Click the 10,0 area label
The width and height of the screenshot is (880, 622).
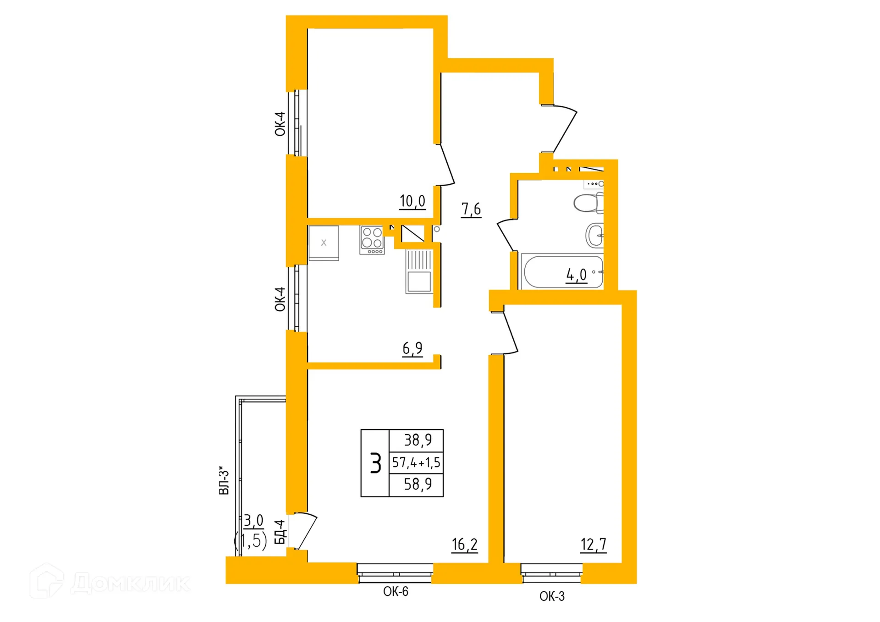point(412,202)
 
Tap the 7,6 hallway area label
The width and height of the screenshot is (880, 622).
point(471,209)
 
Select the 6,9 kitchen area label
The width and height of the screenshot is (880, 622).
point(412,349)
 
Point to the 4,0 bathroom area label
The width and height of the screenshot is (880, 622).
point(576,275)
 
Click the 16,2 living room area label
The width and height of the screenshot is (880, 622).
point(464,545)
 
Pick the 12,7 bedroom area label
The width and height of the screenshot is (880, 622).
point(593,545)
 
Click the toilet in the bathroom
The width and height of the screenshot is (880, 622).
point(589,203)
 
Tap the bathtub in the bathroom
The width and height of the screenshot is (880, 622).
point(562,272)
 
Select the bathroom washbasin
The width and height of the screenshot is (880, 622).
point(595,236)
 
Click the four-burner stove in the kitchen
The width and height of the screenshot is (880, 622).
point(372,240)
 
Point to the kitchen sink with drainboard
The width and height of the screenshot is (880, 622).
point(418,271)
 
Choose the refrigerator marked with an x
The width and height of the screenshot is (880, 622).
point(324,243)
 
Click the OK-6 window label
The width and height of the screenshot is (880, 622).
point(396,592)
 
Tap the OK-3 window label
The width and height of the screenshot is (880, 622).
point(552,596)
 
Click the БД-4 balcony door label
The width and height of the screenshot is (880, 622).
point(280,532)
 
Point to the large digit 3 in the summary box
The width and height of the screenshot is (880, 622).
point(375,463)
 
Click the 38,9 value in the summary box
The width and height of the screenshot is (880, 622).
point(418,440)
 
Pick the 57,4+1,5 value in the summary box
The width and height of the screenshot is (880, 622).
point(416,462)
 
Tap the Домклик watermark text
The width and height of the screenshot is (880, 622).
point(130,583)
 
